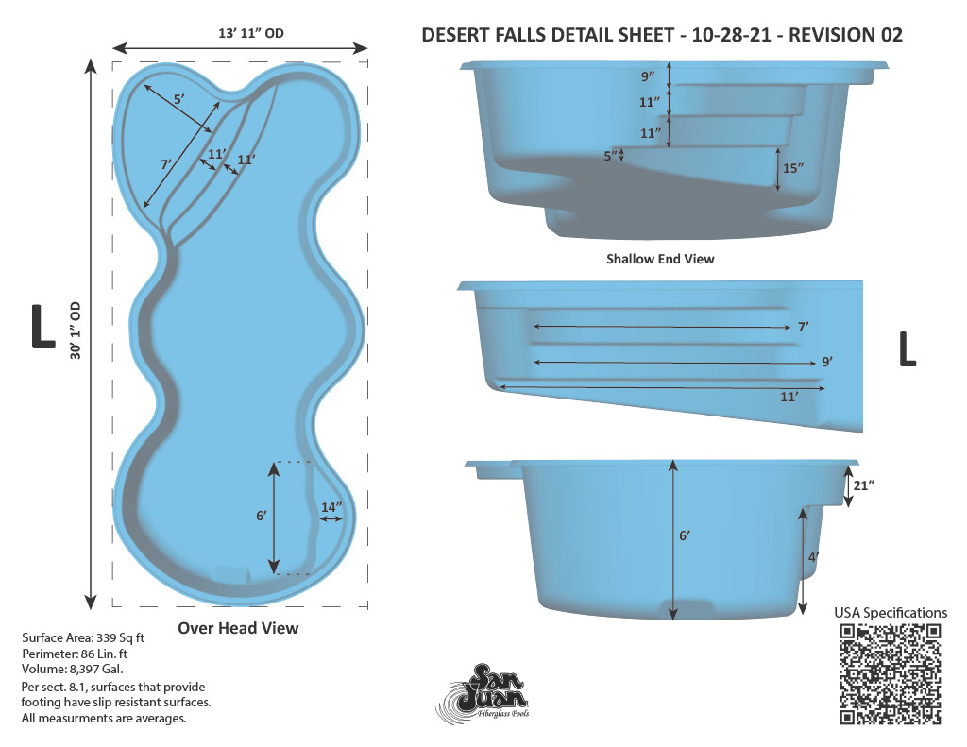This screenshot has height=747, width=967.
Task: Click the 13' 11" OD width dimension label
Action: pos(251,33)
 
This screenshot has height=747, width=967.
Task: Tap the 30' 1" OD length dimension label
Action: pos(76,331)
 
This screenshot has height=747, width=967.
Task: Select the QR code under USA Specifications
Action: pos(890,673)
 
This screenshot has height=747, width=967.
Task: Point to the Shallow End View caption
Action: pos(660,259)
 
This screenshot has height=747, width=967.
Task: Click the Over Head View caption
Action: pos(238,628)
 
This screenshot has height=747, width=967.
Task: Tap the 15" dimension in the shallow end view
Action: pos(793,168)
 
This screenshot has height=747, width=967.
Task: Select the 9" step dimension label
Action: pos(648,76)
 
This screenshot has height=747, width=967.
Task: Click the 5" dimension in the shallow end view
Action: pos(610,156)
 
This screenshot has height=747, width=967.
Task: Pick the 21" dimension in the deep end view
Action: pos(864,485)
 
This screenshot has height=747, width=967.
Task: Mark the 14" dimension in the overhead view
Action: pos(331,507)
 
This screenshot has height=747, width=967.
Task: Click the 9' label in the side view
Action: pos(827,362)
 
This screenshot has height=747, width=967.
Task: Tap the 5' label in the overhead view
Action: pos(178,99)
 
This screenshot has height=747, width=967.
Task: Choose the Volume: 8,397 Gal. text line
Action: pos(72,669)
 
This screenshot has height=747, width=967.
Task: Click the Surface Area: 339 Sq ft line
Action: pos(83,637)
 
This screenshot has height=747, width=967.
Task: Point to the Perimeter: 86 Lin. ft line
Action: pos(75,654)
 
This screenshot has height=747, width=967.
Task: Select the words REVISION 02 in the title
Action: pos(845,35)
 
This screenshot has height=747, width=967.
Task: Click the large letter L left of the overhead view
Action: pos(43,327)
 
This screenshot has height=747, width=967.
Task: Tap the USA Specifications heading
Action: pos(891,613)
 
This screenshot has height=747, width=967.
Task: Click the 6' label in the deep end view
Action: pos(685,535)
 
